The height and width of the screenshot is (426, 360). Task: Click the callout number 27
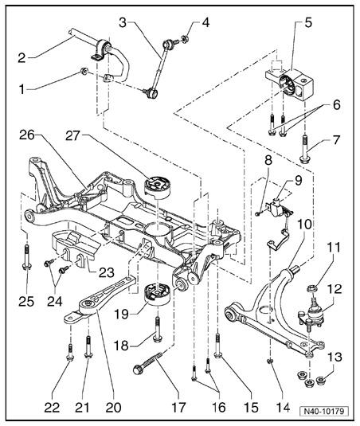click(72, 136)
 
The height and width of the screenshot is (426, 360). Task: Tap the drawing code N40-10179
click(324, 411)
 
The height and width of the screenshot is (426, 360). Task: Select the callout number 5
click(308, 23)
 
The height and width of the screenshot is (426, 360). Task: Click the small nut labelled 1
click(84, 72)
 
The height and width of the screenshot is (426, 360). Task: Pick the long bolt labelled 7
click(304, 150)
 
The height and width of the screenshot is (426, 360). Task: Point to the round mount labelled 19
click(156, 295)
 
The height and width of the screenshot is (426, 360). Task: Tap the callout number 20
click(113, 407)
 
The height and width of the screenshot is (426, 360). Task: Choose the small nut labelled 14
click(270, 360)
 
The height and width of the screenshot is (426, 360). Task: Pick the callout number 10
click(304, 224)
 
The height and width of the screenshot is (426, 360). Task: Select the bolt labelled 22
click(70, 353)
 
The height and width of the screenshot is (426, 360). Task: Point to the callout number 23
click(106, 272)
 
